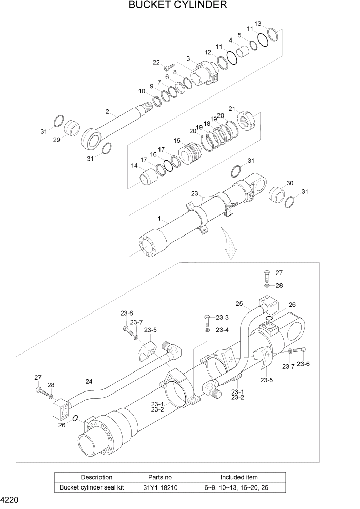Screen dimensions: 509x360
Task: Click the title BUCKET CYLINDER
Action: (x=178, y=6)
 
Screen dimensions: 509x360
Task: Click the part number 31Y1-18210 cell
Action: (x=161, y=487)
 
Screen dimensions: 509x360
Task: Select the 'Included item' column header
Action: (x=239, y=477)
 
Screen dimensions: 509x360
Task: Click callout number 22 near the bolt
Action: (x=156, y=63)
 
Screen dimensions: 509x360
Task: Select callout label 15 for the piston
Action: (x=177, y=141)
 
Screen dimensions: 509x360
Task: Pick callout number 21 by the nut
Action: (x=232, y=109)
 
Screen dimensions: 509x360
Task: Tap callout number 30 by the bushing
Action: (x=290, y=183)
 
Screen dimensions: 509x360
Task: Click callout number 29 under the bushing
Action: (x=56, y=140)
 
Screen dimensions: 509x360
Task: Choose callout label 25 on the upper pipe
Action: (x=239, y=304)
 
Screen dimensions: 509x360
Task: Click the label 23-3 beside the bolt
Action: (x=222, y=317)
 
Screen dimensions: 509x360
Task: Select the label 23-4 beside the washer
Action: (x=222, y=330)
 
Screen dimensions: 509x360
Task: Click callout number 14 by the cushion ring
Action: (x=134, y=166)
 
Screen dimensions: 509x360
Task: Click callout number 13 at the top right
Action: (x=257, y=24)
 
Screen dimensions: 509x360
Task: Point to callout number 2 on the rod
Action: (x=107, y=111)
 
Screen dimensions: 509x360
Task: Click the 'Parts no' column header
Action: (x=161, y=477)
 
